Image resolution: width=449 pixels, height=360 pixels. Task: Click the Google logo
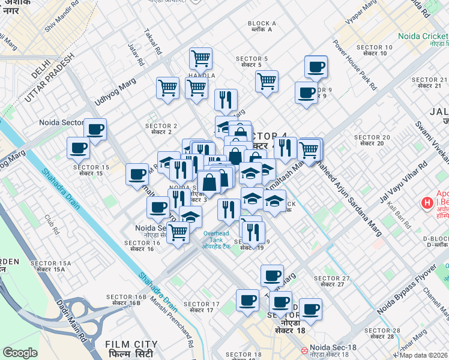click(x=20, y=353)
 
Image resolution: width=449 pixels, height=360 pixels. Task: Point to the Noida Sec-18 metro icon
click(x=304, y=349)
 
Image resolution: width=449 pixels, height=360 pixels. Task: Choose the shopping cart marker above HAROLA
click(x=200, y=58)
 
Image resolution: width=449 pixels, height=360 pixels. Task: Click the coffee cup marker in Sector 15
click(x=79, y=147)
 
